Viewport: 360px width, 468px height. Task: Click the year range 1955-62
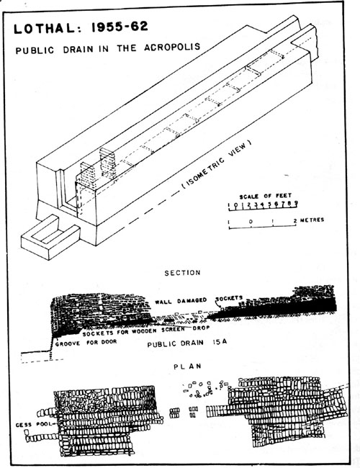tap(120, 27)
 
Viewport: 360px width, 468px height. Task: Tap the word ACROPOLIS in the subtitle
tap(172, 47)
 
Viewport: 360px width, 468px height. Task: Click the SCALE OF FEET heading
tap(266, 196)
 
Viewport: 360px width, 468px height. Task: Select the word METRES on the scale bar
tap(312, 220)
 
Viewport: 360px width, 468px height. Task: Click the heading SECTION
tap(182, 272)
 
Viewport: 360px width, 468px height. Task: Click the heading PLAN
tap(187, 366)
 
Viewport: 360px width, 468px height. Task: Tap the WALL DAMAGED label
tap(181, 301)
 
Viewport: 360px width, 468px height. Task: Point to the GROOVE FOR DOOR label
tap(86, 343)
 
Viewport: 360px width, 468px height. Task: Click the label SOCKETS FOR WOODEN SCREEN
tap(133, 331)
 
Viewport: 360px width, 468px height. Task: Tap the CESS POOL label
tap(33, 424)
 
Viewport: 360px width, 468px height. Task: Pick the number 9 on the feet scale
tap(296, 203)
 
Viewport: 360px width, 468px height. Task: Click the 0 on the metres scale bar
tap(251, 221)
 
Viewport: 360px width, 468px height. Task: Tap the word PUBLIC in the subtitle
tap(35, 50)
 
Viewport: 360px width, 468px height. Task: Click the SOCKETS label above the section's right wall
tap(229, 298)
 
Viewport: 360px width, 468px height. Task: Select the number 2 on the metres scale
tap(295, 220)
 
